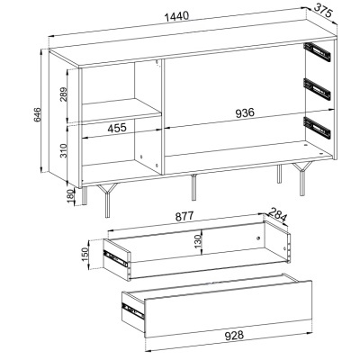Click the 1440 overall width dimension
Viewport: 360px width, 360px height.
(x=177, y=16)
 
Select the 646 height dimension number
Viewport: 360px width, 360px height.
(x=37, y=114)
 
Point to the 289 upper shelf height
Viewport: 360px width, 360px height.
(x=64, y=94)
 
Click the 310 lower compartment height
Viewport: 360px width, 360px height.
(x=64, y=150)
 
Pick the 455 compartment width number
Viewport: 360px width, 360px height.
(x=117, y=128)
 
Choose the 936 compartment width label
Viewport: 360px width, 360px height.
(x=245, y=112)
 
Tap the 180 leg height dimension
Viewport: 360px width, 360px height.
(x=71, y=196)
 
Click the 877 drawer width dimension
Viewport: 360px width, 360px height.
(x=184, y=216)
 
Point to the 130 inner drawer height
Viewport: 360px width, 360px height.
(x=197, y=241)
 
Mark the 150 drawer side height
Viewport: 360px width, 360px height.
(x=85, y=254)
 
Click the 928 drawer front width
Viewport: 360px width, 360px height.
(x=234, y=335)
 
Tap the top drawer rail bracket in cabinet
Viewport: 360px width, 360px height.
(x=318, y=53)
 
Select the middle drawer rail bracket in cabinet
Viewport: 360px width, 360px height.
(x=318, y=88)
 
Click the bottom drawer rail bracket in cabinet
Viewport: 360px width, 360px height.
(x=318, y=127)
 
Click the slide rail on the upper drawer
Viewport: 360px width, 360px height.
(x=115, y=258)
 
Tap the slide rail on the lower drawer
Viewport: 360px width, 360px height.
(x=133, y=310)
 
